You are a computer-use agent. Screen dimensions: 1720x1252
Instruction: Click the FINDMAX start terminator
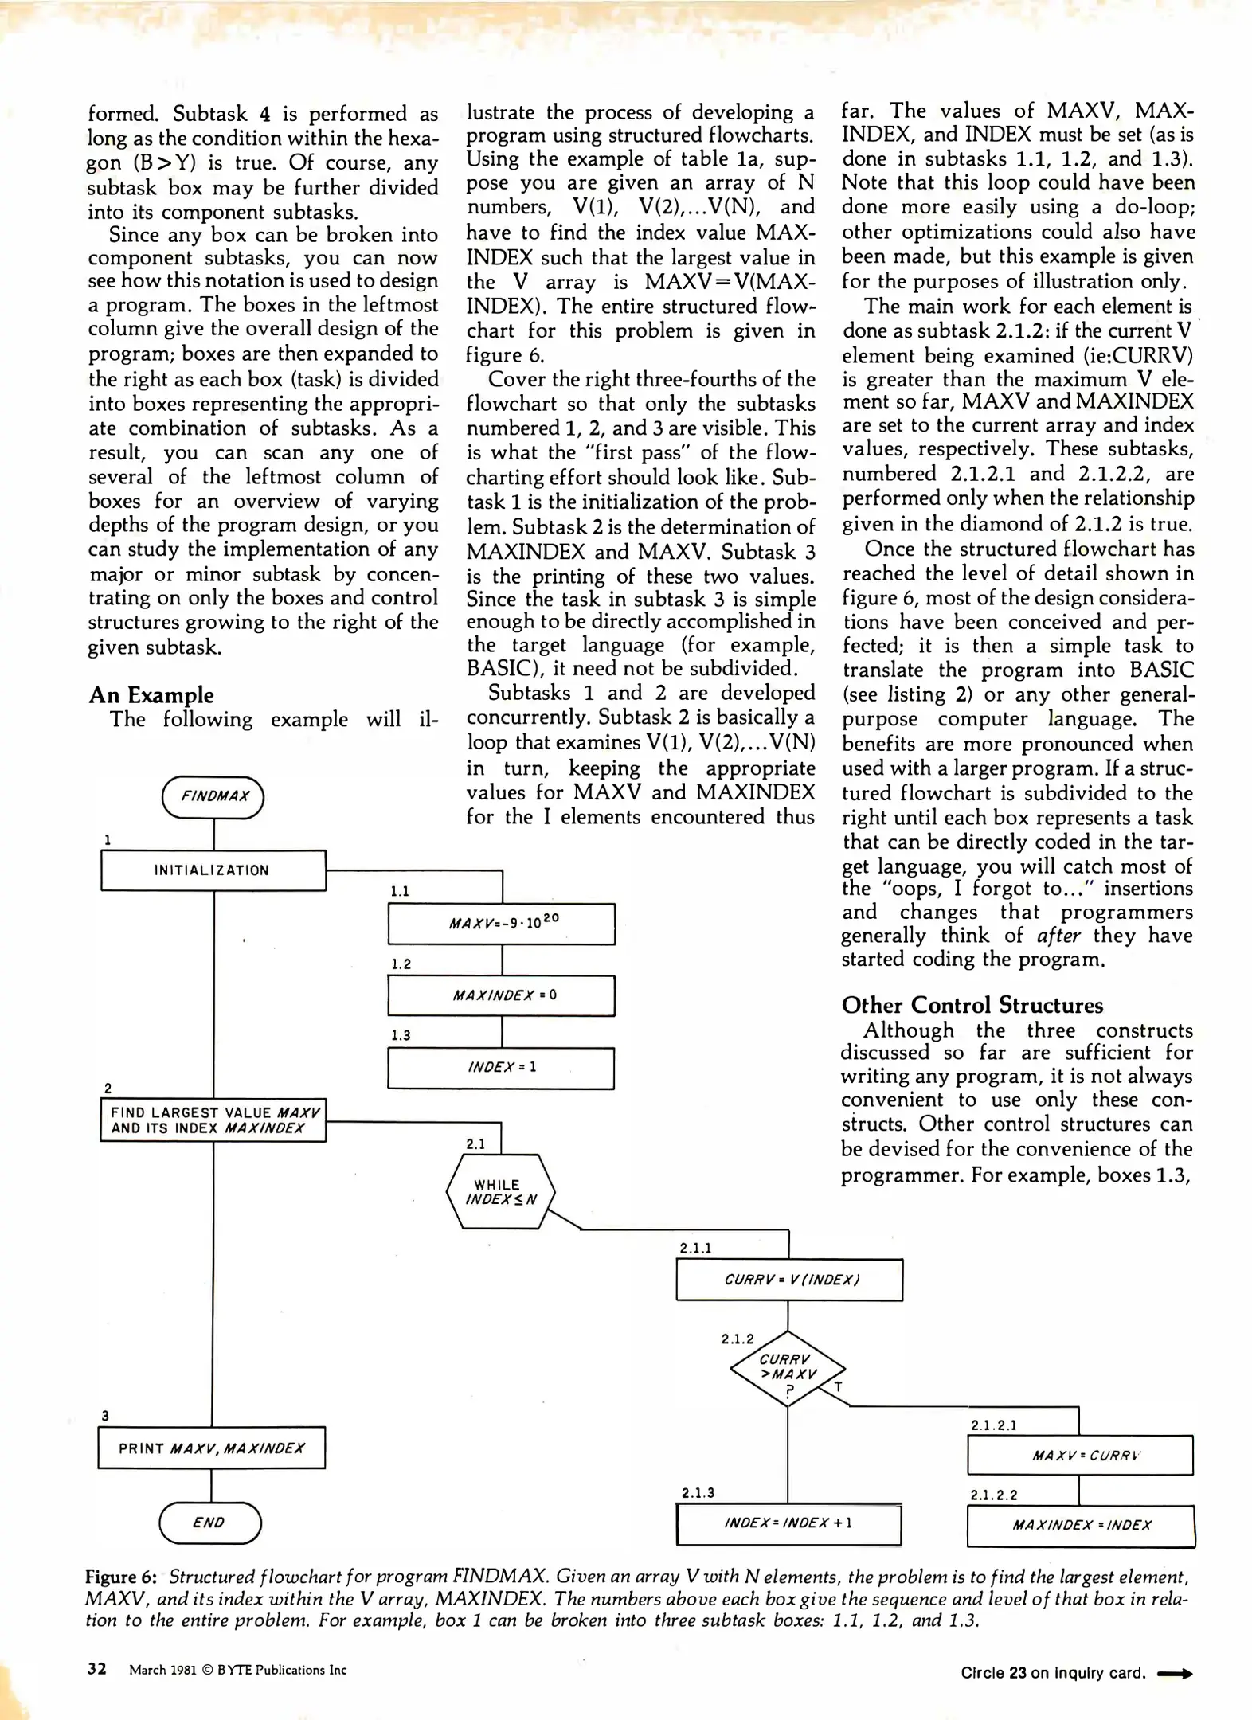pos(213,796)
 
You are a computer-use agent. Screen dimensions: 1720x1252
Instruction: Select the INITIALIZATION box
pos(213,870)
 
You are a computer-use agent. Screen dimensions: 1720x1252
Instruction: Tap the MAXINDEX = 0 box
pos(501,995)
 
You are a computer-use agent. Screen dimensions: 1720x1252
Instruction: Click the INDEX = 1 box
pos(501,1067)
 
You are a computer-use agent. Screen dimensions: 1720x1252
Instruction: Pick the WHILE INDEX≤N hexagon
pos(500,1192)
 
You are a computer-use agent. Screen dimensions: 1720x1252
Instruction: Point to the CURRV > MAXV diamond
pos(787,1368)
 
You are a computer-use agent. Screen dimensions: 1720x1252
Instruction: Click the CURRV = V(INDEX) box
pos(789,1280)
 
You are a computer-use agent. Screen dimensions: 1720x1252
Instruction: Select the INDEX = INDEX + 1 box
pos(788,1523)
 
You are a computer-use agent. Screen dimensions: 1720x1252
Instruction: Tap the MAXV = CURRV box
pos(1080,1456)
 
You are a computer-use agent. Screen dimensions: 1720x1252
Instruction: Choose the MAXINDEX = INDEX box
pos(1081,1526)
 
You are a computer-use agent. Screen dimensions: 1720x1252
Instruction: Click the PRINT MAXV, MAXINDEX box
pos(212,1448)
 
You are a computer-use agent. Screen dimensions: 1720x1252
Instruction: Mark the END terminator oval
pos(210,1523)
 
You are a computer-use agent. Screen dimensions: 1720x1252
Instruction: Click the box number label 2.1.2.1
pos(993,1425)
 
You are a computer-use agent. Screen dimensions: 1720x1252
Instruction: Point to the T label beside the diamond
pos(838,1387)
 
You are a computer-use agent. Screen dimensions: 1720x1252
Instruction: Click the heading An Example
pos(151,695)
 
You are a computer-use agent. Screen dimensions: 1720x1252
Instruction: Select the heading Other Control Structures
pos(972,1005)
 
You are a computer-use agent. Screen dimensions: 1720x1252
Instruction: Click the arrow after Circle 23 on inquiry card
pos(1175,1674)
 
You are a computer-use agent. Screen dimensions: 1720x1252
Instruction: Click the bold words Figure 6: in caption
pos(121,1577)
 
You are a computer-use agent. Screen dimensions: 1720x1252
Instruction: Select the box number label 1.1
pos(400,891)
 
